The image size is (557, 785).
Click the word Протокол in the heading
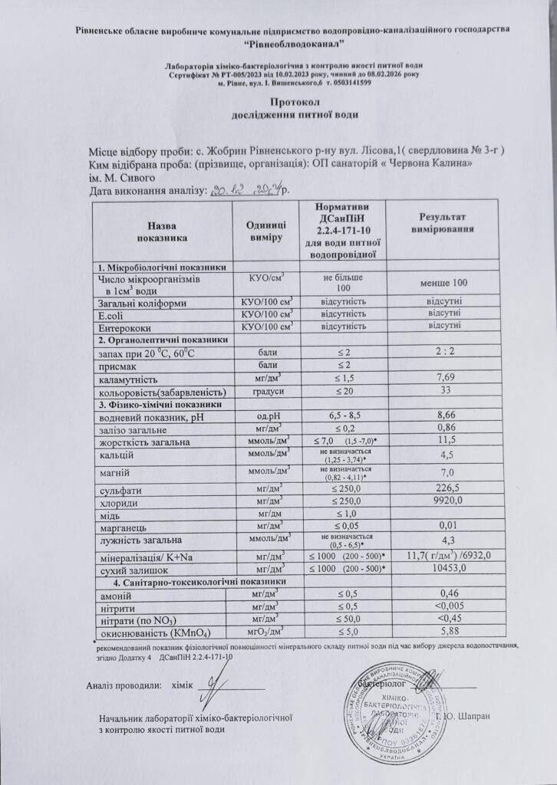click(x=295, y=102)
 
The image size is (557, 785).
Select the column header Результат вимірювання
click(x=441, y=224)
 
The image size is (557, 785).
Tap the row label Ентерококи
click(x=120, y=327)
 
